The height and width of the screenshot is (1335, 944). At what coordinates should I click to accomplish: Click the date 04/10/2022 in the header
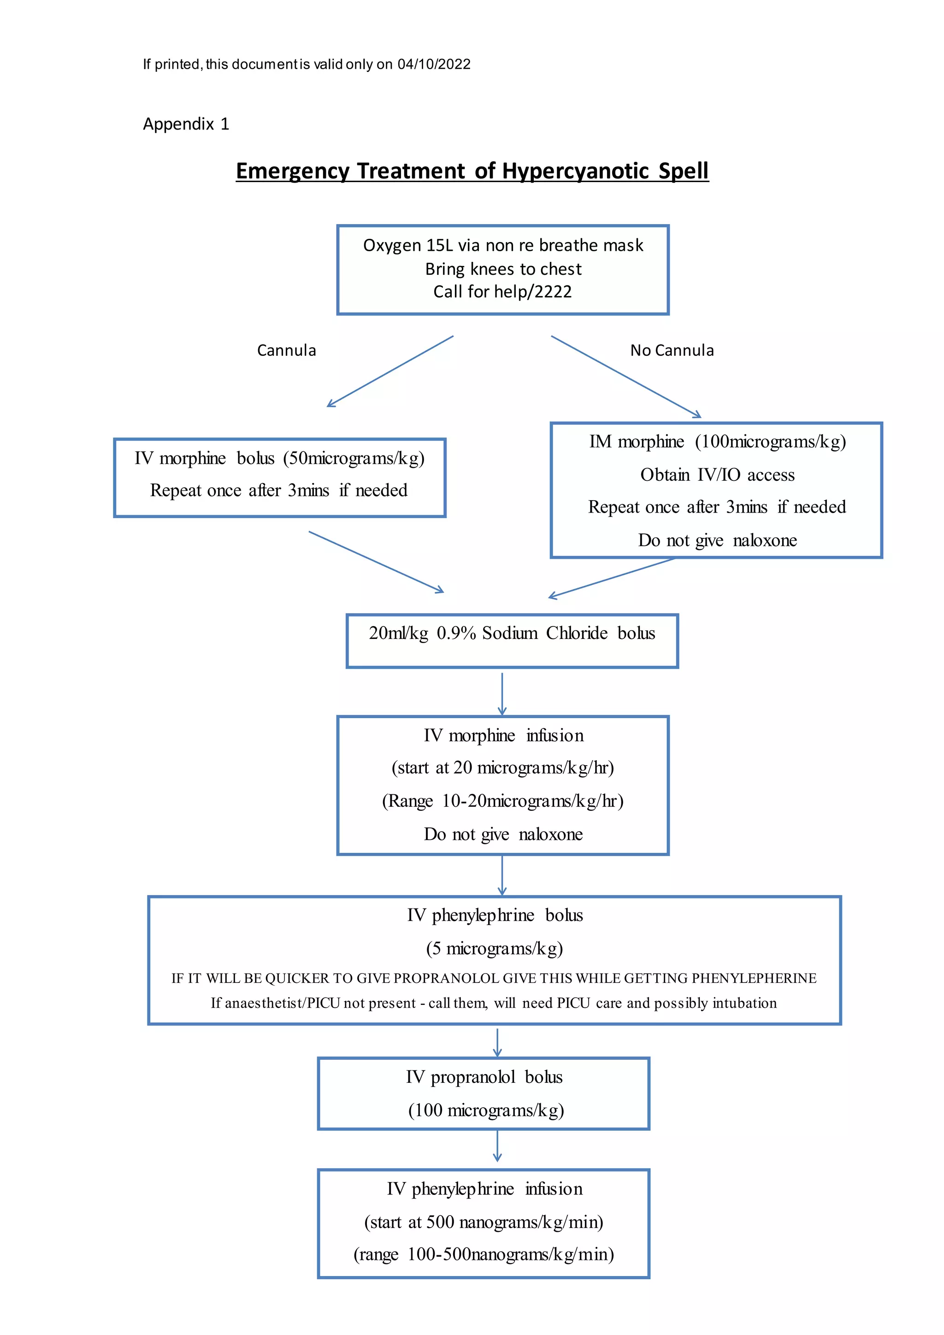point(434,65)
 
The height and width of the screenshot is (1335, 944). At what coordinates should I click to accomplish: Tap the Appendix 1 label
point(186,124)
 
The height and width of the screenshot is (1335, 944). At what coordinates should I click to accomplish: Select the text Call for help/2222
point(502,291)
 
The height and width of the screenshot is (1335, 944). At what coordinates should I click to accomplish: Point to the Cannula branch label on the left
point(287,350)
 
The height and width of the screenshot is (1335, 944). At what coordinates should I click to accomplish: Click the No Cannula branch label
point(672,350)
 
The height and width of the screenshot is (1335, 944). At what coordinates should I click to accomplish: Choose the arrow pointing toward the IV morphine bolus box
point(389,372)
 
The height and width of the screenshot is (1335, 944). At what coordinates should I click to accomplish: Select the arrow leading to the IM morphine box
point(626,377)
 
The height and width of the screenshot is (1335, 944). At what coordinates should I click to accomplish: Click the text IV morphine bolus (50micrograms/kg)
point(280,458)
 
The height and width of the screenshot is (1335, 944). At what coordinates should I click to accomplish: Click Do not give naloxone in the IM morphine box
point(717,540)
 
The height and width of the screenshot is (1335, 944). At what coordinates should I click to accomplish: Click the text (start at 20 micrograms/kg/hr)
point(503,768)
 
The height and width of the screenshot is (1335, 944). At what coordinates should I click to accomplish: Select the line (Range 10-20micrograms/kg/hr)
point(503,801)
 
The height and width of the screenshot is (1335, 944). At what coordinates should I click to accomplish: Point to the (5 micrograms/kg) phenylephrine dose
point(495,948)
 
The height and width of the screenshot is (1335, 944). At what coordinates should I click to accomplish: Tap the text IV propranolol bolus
point(484,1077)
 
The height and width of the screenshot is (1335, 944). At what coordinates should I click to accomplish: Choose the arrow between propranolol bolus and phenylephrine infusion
point(497,1146)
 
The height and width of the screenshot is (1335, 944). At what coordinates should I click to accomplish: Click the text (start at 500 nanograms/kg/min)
point(484,1222)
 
